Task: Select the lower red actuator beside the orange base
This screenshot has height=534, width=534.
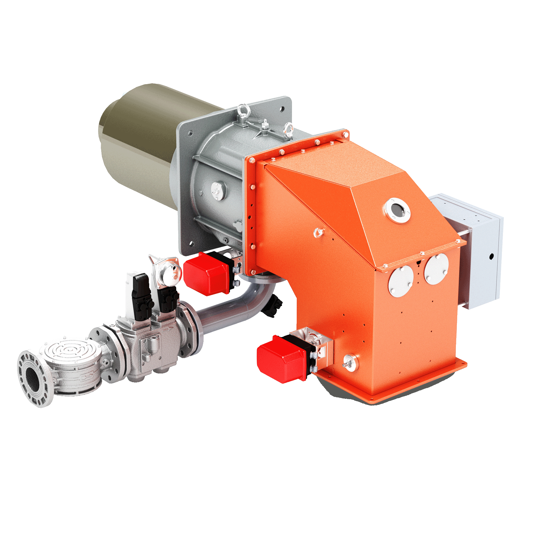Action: tap(282, 359)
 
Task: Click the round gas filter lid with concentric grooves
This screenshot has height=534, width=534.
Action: tap(70, 351)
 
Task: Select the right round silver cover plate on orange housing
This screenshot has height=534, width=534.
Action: tap(436, 269)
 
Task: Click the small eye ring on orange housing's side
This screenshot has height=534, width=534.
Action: tap(319, 232)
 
